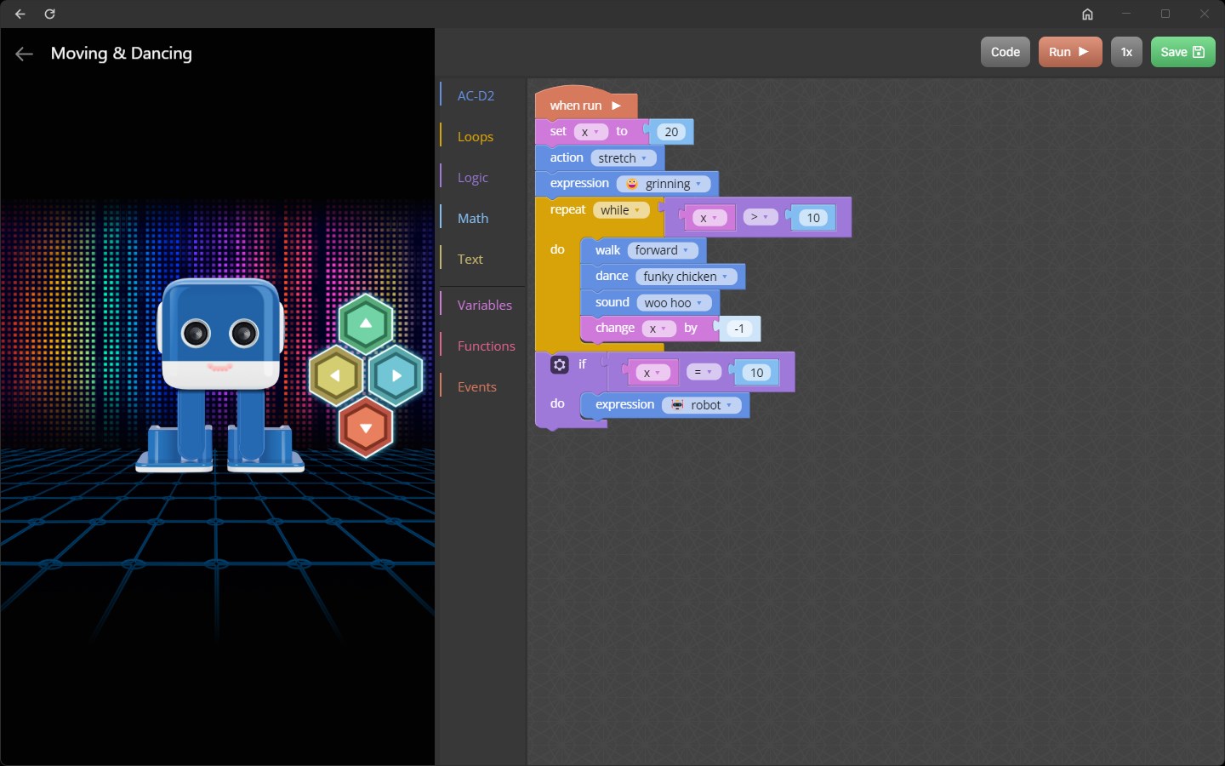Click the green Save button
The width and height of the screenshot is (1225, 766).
click(x=1182, y=52)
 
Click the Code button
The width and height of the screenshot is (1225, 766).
click(x=1005, y=52)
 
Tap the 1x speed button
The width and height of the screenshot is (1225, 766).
click(x=1126, y=52)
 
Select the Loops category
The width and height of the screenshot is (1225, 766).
click(x=475, y=136)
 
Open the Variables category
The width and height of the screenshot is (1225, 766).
click(x=484, y=305)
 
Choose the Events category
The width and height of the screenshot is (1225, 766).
click(x=476, y=386)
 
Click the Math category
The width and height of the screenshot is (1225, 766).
click(x=473, y=218)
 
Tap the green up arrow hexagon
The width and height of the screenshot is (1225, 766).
click(x=366, y=323)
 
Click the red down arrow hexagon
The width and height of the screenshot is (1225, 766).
click(x=366, y=427)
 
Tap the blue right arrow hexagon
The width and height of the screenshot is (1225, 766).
click(x=396, y=375)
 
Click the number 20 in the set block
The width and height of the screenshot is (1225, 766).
click(x=671, y=132)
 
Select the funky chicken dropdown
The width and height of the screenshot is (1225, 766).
click(x=686, y=277)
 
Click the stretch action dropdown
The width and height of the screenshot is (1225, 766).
click(x=623, y=158)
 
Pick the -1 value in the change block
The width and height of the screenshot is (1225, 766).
click(x=739, y=329)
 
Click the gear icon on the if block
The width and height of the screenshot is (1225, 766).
click(x=559, y=365)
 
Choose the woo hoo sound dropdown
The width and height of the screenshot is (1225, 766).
click(x=673, y=303)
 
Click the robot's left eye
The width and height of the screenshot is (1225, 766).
click(x=196, y=333)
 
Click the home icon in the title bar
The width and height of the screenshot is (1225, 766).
click(x=1087, y=14)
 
